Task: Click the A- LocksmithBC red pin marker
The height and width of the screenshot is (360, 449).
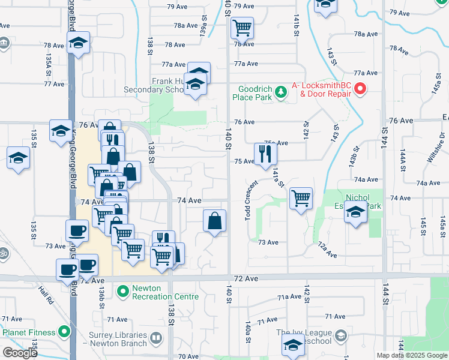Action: (x=360, y=89)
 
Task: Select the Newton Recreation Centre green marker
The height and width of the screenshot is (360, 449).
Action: (x=123, y=292)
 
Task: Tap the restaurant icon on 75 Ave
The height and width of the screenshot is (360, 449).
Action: (x=265, y=154)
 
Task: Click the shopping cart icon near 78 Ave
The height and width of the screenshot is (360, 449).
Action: (x=242, y=27)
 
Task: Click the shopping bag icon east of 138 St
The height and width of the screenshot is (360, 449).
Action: (x=214, y=220)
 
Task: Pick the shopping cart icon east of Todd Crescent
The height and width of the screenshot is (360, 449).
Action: (x=301, y=197)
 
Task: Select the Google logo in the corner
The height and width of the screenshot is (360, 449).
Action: (x=20, y=353)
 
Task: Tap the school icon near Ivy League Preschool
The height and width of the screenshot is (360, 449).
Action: (x=293, y=345)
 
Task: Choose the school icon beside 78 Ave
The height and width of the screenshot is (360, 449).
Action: (x=78, y=43)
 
